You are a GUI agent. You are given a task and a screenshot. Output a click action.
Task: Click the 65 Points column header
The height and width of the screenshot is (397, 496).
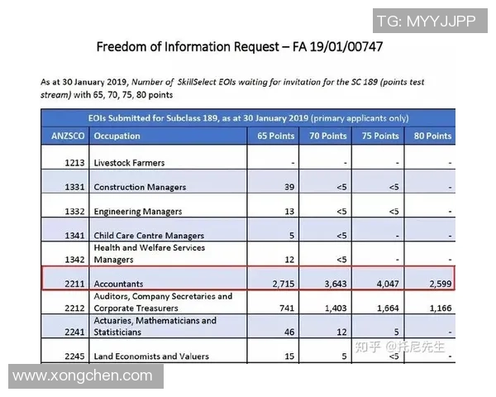point(275,136)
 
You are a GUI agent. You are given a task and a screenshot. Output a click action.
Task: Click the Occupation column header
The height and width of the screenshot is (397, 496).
point(117,136)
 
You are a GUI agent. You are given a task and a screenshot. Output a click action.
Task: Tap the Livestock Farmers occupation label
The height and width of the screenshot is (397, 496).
point(129,163)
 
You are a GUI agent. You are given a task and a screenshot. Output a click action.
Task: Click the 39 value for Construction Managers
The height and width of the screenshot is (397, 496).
point(289,187)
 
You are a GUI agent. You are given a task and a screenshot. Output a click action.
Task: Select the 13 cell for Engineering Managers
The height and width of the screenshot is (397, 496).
point(289,212)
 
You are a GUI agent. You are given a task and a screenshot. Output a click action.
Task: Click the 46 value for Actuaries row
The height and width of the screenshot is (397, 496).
point(289,332)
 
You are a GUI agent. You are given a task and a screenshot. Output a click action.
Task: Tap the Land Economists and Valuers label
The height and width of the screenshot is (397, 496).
point(151,356)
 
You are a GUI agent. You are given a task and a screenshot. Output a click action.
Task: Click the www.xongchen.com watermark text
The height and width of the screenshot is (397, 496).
point(83,376)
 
